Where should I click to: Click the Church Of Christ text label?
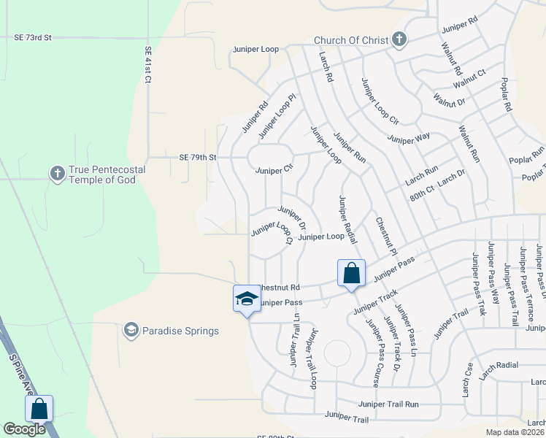pyautogui.click(x=350, y=40)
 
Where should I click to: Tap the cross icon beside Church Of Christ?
pyautogui.click(x=399, y=39)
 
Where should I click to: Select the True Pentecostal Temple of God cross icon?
pyautogui.click(x=57, y=174)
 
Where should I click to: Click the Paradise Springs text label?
pyautogui.click(x=180, y=331)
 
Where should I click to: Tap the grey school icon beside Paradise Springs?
pyautogui.click(x=131, y=331)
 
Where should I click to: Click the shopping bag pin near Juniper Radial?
pyautogui.click(x=351, y=274)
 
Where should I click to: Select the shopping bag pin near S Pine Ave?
pyautogui.click(x=39, y=409)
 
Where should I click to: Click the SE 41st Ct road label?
pyautogui.click(x=147, y=65)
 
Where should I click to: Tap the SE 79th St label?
pyautogui.click(x=198, y=157)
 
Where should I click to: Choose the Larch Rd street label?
pyautogui.click(x=326, y=66)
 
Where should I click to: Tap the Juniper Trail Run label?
pyautogui.click(x=388, y=404)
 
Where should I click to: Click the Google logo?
pyautogui.click(x=24, y=429)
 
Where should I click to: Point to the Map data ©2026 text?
pyautogui.click(x=514, y=432)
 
